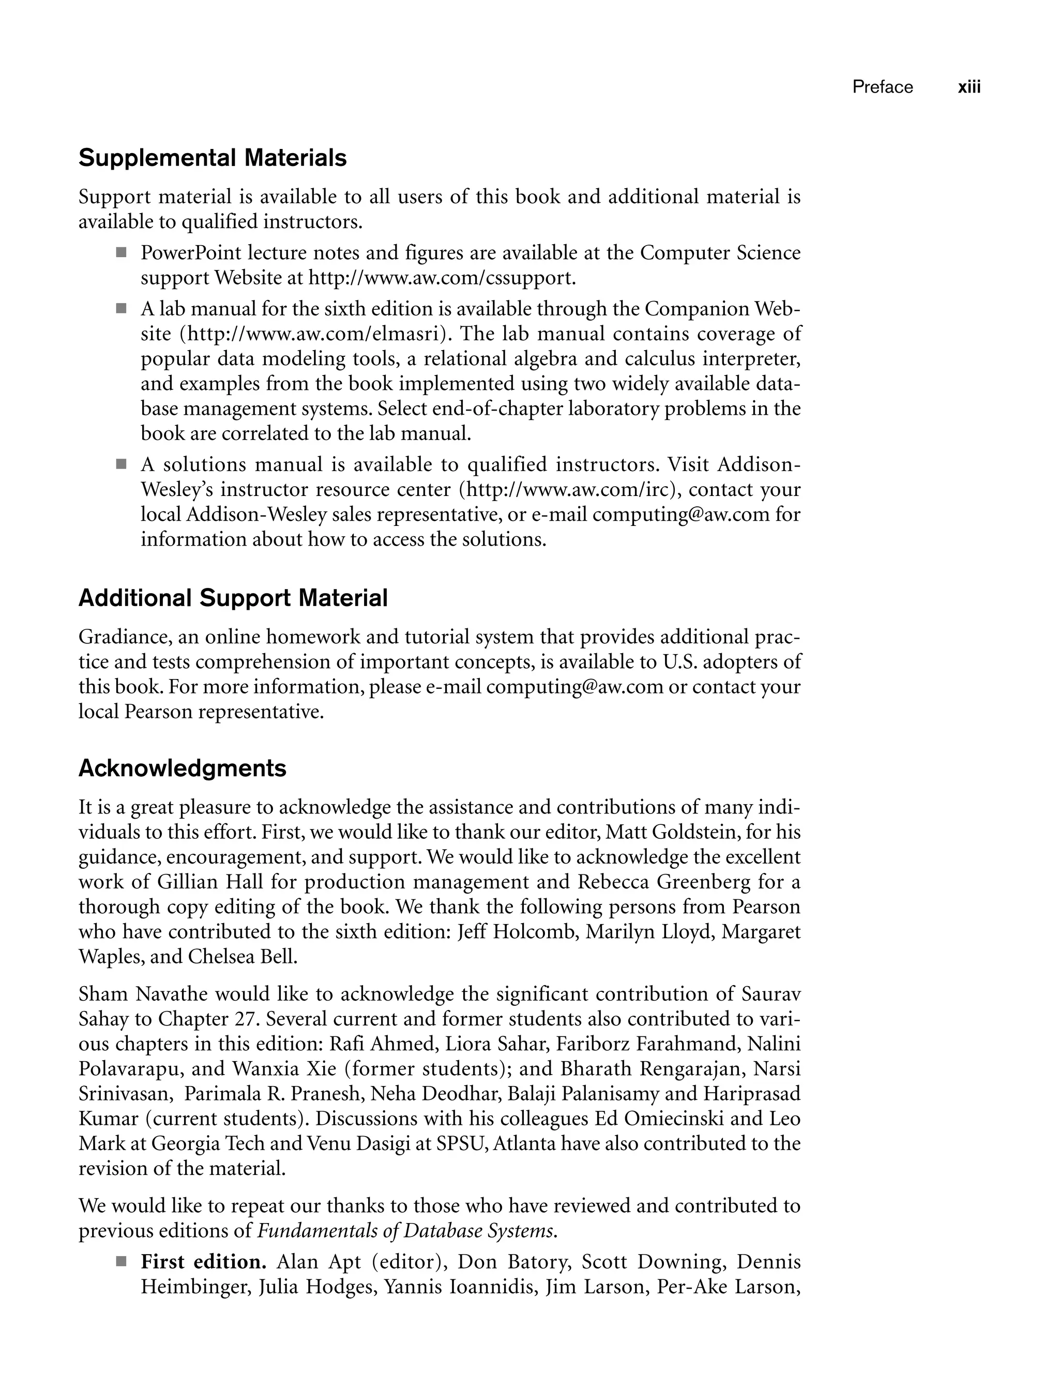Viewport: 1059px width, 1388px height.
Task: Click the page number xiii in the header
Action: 969,87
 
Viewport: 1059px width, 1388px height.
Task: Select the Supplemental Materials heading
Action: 213,158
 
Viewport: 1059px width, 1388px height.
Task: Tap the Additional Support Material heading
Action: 233,598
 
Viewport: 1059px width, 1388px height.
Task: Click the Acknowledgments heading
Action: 182,768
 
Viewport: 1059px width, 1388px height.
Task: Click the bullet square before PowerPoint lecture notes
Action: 121,253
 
